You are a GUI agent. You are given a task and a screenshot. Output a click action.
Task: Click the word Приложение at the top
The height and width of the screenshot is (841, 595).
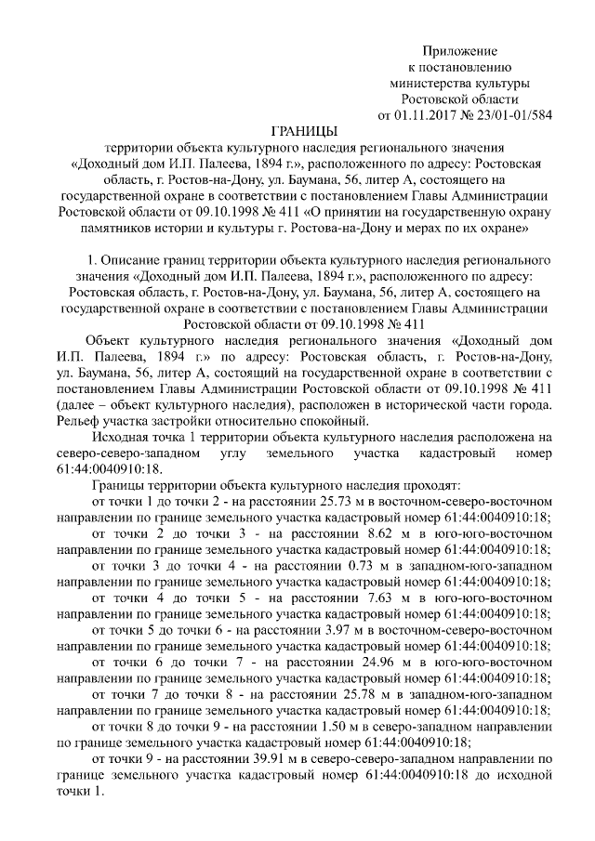point(460,49)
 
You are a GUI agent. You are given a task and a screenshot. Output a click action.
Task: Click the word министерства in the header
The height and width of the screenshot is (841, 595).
point(427,83)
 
